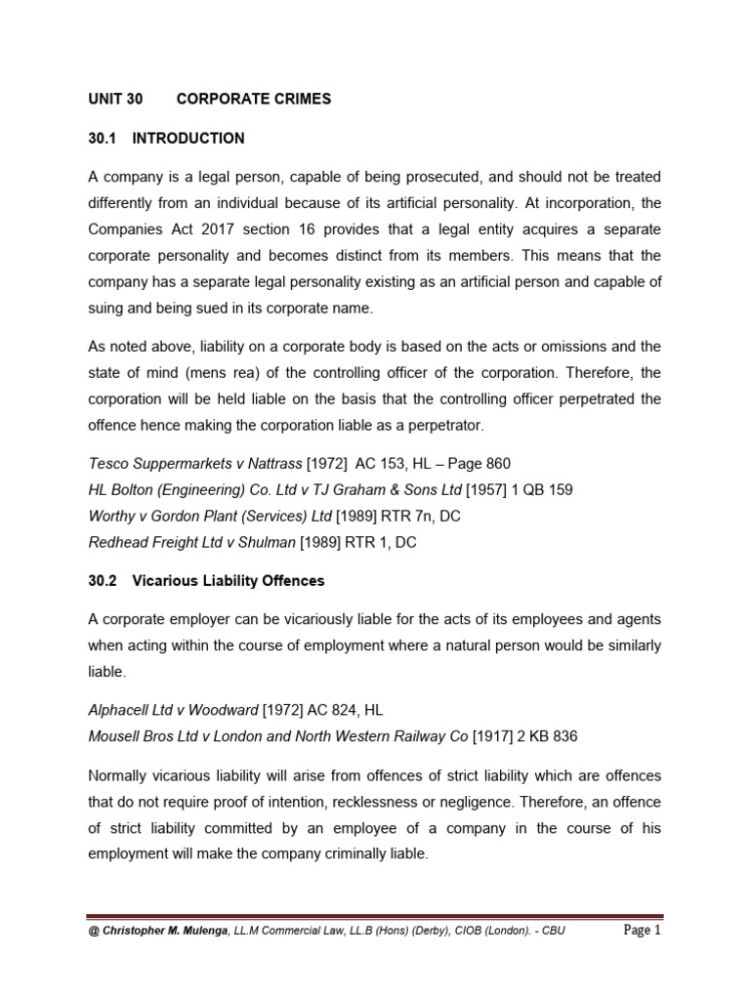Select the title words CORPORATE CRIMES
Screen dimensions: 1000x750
click(x=253, y=99)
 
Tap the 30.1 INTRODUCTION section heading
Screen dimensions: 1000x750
click(x=166, y=139)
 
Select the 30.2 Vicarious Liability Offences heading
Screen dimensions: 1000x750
click(x=206, y=581)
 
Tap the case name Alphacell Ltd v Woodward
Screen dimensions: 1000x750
click(x=174, y=711)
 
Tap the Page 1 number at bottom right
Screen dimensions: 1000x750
click(x=643, y=931)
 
